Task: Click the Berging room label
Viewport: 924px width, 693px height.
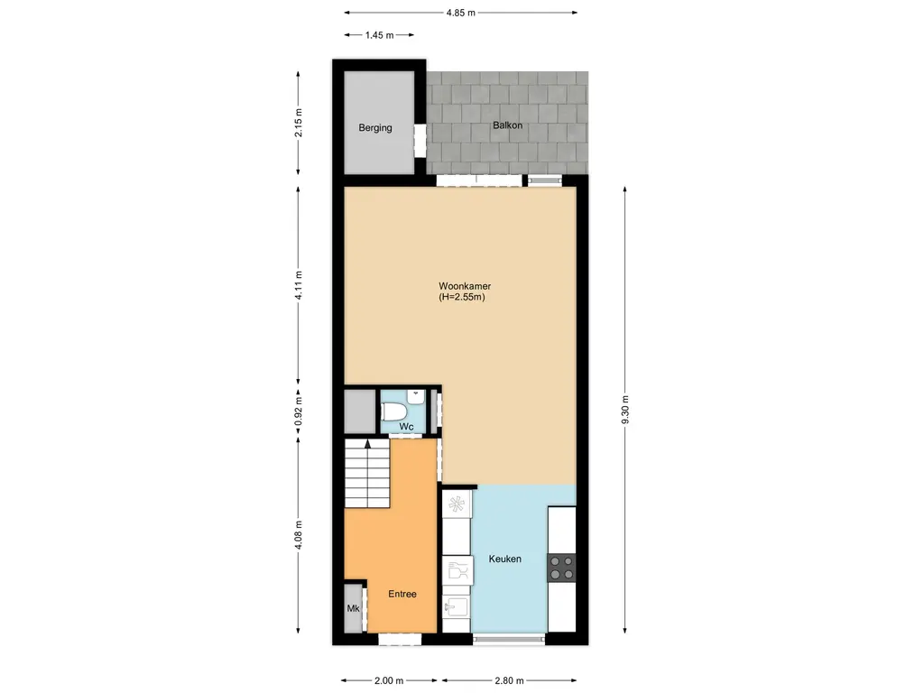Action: point(375,128)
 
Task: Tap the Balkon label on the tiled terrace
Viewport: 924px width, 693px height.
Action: point(507,125)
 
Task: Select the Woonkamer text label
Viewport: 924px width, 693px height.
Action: point(458,286)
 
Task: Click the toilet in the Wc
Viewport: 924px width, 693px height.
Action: point(395,411)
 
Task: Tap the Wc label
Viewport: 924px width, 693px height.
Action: point(406,426)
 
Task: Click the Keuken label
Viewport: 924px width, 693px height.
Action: point(504,559)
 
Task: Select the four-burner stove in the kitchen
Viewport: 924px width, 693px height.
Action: point(561,567)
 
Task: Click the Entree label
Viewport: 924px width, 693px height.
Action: point(402,594)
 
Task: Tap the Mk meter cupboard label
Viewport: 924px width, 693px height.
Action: point(353,609)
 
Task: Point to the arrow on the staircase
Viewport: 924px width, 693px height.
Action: point(366,444)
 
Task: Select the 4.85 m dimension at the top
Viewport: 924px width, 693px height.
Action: point(460,14)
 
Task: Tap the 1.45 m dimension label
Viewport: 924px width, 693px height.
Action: point(379,35)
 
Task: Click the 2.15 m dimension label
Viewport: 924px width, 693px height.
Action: point(300,123)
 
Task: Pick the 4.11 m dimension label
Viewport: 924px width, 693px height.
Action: point(300,285)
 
